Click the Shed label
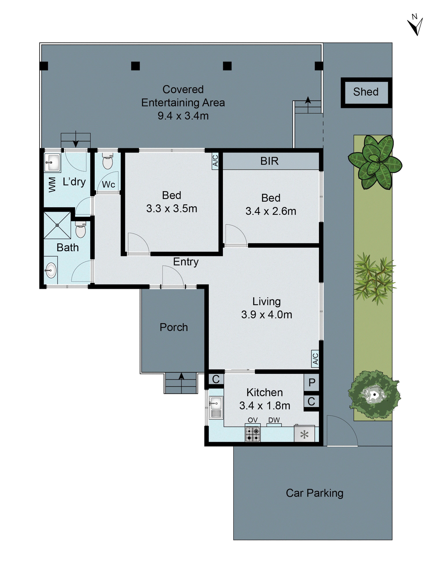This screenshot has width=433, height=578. point(365,92)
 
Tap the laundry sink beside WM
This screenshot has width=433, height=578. point(52,162)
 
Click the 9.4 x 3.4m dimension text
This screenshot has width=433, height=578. point(183,116)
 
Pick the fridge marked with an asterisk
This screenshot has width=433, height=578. point(304,434)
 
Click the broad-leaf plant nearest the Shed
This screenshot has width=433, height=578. point(375,162)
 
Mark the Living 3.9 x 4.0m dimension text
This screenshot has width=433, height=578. point(266,315)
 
